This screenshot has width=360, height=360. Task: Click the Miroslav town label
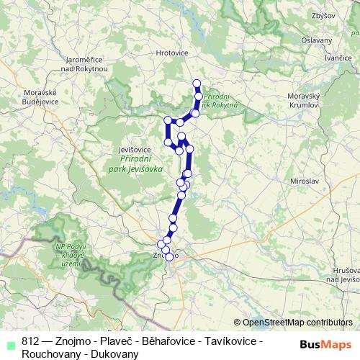pos(304,182)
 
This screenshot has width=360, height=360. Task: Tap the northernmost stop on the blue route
pos(197,83)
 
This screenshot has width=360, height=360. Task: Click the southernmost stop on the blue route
pos(169,256)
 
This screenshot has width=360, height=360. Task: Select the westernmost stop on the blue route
pos(168,120)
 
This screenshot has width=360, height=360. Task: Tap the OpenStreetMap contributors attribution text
pos(296,323)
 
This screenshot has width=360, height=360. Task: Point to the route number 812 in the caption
pos(30,341)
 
